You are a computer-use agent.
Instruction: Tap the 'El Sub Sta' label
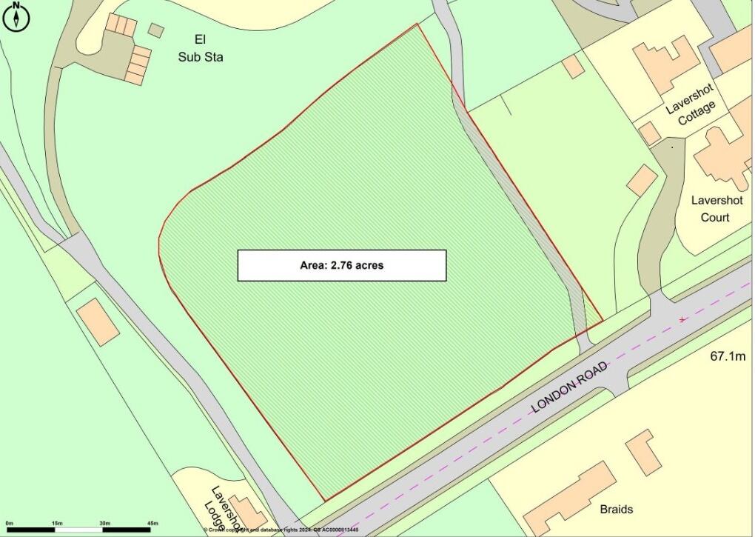pyautogui.click(x=198, y=47)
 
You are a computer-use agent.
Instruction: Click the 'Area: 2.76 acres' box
pyautogui.click(x=341, y=265)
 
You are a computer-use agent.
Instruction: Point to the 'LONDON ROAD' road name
pyautogui.click(x=569, y=387)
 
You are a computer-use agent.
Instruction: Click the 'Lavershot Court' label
pyautogui.click(x=710, y=208)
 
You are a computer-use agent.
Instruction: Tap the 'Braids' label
pyautogui.click(x=616, y=510)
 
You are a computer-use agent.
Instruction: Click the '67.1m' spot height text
pyautogui.click(x=728, y=356)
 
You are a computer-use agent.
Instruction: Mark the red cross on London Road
pyautogui.click(x=682, y=320)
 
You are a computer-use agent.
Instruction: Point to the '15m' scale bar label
pyautogui.click(x=57, y=524)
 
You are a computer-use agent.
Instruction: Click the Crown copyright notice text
pyautogui.click(x=281, y=530)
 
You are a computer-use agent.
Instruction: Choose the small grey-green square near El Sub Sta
pyautogui.click(x=155, y=30)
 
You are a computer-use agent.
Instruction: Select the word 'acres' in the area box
pyautogui.click(x=368, y=265)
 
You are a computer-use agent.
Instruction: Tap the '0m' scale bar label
pyautogui.click(x=9, y=524)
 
